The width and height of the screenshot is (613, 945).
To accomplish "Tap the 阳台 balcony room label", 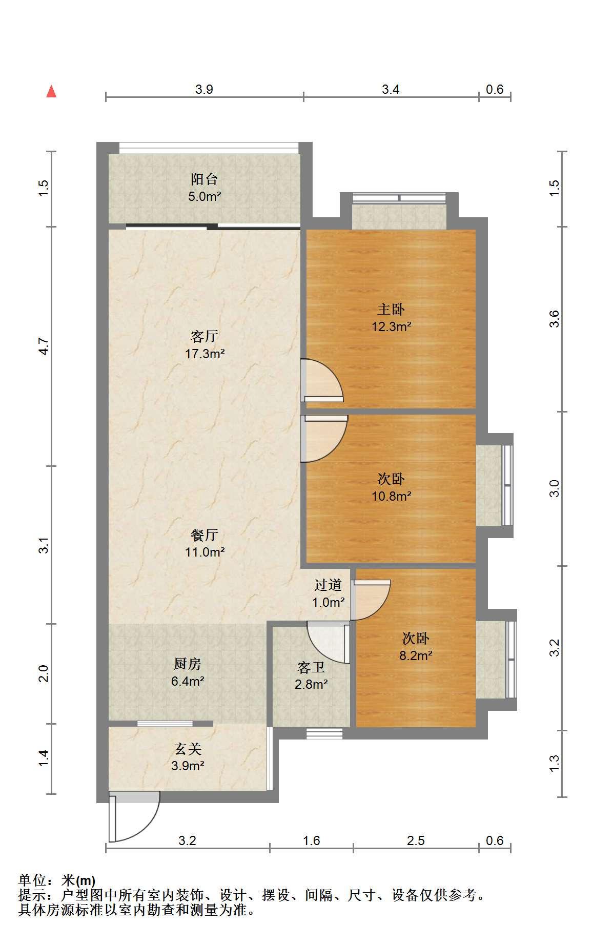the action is point(204,179).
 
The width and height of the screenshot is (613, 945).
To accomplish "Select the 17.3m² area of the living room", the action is point(205,354).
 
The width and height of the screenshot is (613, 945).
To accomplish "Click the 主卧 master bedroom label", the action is point(391,310).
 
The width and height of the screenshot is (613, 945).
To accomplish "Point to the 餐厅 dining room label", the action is point(205,535).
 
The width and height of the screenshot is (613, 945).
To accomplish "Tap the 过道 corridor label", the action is point(328,585).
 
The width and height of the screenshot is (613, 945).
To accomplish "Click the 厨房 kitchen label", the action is point(188,664).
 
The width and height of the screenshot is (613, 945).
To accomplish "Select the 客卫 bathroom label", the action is point(311,667).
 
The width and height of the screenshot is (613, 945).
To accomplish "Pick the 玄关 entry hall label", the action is point(188,749).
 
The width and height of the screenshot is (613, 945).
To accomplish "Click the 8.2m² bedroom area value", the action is point(416,655).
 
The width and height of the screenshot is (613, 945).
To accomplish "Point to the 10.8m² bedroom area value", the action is point(392,496).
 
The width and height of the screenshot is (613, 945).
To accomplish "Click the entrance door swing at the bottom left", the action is point(134,816).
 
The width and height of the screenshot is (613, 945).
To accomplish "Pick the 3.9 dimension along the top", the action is point(204,90).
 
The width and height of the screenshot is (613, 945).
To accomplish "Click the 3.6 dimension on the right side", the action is point(554,319).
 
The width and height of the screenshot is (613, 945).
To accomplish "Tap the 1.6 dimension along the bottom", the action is point(312,840).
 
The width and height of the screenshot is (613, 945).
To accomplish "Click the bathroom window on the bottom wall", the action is point(324,733).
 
